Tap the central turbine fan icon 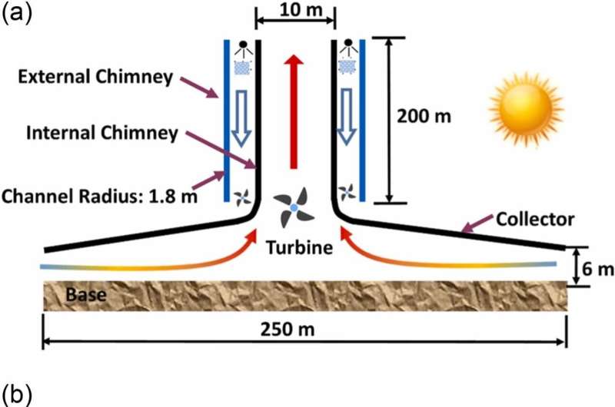[x=293, y=208]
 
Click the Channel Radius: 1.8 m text [x=100, y=196]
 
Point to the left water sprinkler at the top [x=242, y=48]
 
